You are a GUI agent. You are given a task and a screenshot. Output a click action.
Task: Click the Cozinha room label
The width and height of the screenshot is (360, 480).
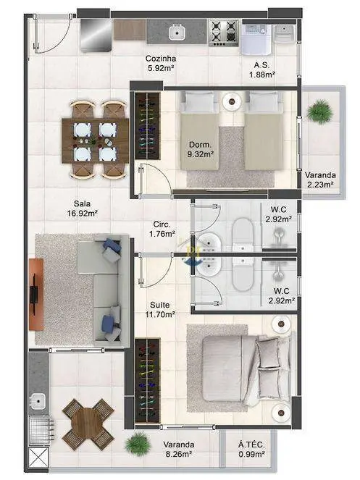[161, 58]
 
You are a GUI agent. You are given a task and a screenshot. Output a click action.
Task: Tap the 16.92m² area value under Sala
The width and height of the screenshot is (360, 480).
[83, 214]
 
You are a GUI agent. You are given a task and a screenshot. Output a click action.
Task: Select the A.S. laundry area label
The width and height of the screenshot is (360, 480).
[261, 65]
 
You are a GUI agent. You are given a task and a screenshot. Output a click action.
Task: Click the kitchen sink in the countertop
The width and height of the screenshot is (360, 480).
[177, 32]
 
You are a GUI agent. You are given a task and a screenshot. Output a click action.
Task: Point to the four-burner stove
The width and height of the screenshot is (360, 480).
[224, 32]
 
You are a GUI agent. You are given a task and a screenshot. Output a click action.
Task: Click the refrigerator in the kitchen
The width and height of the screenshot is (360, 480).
[96, 35]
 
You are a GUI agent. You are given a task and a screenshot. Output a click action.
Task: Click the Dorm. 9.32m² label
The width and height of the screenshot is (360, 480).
[201, 149]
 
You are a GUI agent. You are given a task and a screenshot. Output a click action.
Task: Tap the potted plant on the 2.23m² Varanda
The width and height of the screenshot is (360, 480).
[320, 111]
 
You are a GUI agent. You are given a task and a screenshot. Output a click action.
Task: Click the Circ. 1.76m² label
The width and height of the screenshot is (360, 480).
[162, 230]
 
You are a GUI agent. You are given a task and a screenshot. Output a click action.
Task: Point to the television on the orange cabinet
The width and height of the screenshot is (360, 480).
[33, 294]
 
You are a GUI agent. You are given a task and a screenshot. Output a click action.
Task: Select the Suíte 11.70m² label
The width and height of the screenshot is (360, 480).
[162, 309]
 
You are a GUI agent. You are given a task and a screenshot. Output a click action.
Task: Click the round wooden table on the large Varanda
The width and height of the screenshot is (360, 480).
[87, 424]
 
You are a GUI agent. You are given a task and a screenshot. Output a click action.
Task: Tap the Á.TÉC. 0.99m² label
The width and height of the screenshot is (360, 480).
[251, 449]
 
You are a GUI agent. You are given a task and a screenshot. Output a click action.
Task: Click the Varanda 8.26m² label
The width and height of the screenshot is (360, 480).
[179, 449]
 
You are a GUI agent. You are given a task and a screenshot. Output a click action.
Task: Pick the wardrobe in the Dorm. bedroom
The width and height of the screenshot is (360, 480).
[148, 125]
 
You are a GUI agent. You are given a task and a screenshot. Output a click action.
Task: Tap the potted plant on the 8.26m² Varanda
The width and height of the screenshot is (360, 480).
[138, 444]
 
